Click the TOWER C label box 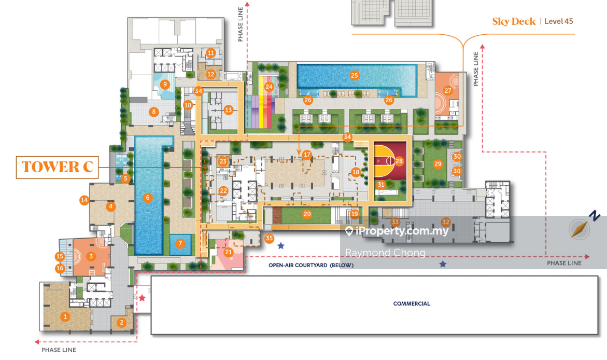click(x=58, y=167)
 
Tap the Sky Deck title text click(x=514, y=21)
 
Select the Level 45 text click(x=559, y=21)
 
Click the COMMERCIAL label click(x=412, y=304)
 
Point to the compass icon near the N click(x=580, y=229)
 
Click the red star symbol click(x=142, y=298)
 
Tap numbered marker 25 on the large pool click(x=354, y=76)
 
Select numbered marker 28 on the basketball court click(x=399, y=161)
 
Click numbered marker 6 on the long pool click(x=148, y=198)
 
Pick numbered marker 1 click(x=65, y=316)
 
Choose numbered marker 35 click(x=269, y=238)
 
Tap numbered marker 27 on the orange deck click(x=448, y=91)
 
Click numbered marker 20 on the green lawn click(x=307, y=214)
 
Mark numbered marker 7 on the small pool click(x=180, y=243)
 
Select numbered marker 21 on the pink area click(x=229, y=252)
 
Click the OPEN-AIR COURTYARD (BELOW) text click(x=311, y=266)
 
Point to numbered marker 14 click(x=84, y=200)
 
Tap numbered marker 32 click(x=446, y=222)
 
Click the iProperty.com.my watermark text click(x=402, y=231)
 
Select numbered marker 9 click(x=165, y=84)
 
